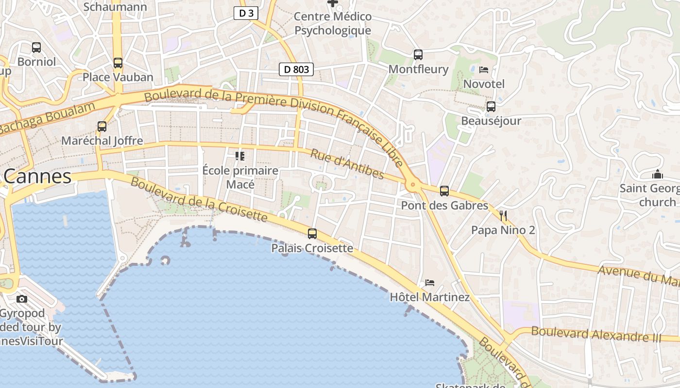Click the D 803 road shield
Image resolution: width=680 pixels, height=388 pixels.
point(296,69)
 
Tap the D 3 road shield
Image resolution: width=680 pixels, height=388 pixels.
point(246,13)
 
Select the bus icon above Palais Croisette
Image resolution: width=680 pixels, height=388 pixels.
point(312,234)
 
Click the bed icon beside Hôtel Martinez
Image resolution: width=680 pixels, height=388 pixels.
point(430,283)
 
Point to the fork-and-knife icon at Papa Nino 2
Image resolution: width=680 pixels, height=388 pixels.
point(503,215)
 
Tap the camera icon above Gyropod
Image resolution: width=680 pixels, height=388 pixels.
point(22,299)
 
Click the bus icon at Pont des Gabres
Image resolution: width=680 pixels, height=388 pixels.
point(444,191)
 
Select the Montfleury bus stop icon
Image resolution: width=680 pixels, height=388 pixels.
point(418,55)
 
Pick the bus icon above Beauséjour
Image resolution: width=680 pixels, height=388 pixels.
point(491,107)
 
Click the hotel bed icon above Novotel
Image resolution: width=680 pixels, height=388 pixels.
point(484,70)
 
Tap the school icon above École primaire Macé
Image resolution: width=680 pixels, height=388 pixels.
point(240,156)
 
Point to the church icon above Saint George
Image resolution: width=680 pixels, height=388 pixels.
point(658,175)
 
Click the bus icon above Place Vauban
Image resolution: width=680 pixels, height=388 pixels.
point(118,63)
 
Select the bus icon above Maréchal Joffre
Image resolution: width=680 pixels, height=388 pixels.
point(102,127)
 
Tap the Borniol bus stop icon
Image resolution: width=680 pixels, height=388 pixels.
point(36,48)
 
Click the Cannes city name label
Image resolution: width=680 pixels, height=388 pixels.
point(38,177)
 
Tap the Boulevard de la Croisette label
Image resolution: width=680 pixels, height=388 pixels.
point(199,199)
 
